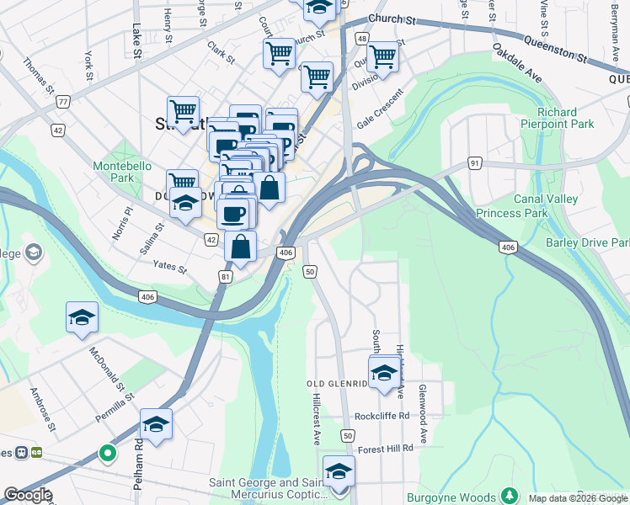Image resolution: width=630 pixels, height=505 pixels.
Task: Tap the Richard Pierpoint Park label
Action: click(x=568, y=118)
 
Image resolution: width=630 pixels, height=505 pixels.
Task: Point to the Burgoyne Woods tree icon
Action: click(x=508, y=495)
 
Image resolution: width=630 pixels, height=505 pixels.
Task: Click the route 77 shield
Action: click(x=63, y=102)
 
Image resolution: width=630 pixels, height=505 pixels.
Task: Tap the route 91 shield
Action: click(x=476, y=162)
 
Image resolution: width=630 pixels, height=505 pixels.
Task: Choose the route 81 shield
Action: click(x=225, y=276)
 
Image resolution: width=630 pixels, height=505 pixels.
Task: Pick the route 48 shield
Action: click(x=361, y=39)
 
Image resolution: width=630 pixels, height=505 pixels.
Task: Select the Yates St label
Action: click(x=168, y=266)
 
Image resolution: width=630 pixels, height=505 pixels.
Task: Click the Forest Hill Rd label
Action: click(x=385, y=449)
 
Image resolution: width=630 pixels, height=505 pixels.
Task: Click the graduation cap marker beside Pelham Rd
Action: click(x=156, y=425)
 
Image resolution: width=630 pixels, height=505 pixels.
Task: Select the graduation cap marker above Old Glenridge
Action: click(x=384, y=371)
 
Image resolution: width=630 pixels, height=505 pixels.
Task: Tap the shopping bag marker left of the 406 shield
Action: click(x=241, y=247)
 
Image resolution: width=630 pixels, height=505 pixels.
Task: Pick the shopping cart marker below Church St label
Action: click(x=279, y=54)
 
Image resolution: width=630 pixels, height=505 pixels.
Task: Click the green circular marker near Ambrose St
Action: click(x=107, y=454)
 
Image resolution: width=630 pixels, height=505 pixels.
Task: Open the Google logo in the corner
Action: click(x=27, y=495)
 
